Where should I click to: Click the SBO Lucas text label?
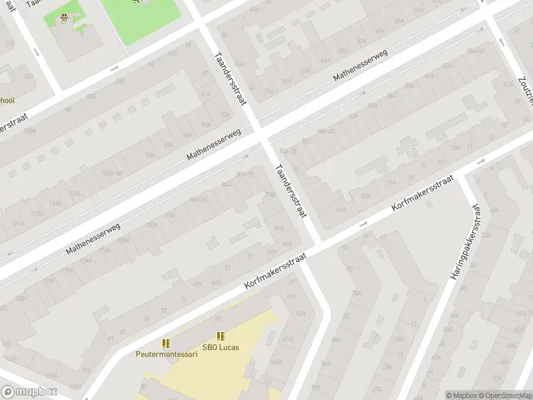click(221, 347)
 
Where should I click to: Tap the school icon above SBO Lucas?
click(221, 336)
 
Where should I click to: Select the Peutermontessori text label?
click(167, 354)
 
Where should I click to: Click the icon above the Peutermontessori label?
click(167, 343)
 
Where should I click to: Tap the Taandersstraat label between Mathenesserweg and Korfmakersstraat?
click(291, 191)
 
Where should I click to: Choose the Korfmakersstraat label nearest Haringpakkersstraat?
click(422, 194)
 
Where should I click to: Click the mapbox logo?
click(29, 392)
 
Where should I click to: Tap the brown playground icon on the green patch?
click(64, 18)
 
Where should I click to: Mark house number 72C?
click(306, 141)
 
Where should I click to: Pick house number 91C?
click(290, 297)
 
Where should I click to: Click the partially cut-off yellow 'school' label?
click(7, 101)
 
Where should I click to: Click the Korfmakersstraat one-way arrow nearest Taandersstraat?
click(364, 225)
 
